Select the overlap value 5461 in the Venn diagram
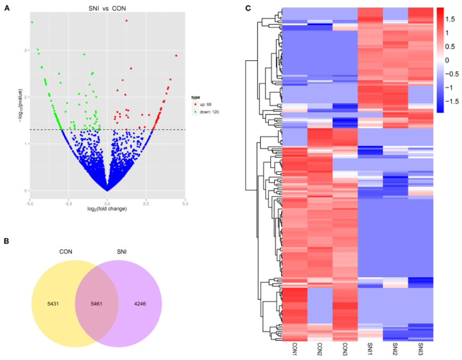pyautogui.click(x=96, y=303)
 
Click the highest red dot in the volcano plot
pyautogui.click(x=126, y=20)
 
